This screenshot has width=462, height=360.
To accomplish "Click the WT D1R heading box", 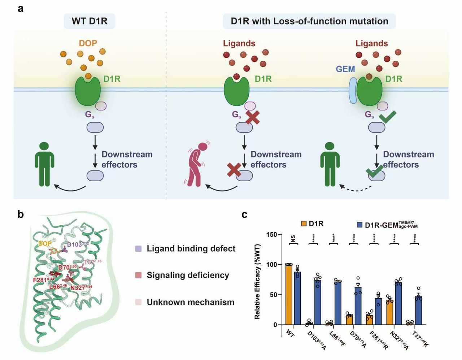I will [90, 21].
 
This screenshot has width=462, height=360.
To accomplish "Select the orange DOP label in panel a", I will [88, 43].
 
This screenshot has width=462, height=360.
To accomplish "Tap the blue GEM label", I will [345, 69].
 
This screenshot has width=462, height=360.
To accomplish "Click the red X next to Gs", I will [253, 117].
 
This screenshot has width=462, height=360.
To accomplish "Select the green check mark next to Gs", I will [387, 117].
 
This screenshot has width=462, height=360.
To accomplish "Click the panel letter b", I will [21, 214].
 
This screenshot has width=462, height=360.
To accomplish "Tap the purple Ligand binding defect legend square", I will [138, 249].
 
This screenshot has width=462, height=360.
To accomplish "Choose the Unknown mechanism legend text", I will [190, 302].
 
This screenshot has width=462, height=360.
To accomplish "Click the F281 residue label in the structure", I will [43, 279].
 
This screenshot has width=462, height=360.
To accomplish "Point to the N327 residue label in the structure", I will [81, 288].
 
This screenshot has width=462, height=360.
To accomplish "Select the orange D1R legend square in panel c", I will [304, 224].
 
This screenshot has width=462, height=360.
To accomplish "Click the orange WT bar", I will [289, 294].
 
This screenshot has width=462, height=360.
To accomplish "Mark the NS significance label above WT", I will [293, 239].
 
